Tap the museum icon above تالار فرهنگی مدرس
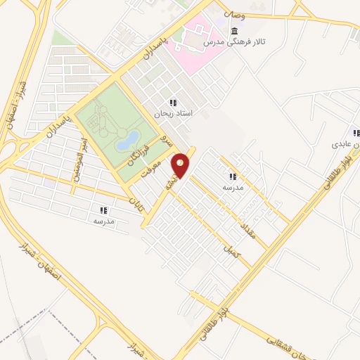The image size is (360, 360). coord(233,32)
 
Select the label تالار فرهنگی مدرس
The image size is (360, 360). coord(229,43)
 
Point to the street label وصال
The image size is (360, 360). coord(234,14)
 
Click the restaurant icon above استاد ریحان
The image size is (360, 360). coord(172,103)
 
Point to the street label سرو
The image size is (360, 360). coord(163,139)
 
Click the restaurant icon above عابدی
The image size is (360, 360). coord(356,133)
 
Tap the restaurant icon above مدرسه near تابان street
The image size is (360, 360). coord(103,210)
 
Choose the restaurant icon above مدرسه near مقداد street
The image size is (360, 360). coord(232,177)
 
